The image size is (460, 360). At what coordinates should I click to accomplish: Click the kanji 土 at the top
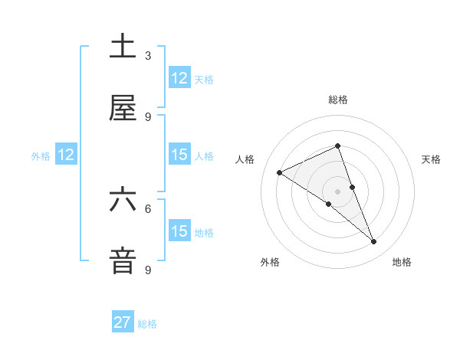(x=123, y=48)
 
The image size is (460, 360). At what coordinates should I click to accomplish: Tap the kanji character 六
(x=123, y=200)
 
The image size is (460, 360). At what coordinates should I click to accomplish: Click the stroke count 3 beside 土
(x=148, y=56)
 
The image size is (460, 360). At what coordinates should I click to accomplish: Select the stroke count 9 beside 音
(x=148, y=270)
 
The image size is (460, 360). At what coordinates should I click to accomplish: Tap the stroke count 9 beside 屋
(x=148, y=117)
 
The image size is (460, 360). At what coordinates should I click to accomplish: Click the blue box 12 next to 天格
(x=179, y=78)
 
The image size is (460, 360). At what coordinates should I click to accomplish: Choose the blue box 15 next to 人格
(x=179, y=155)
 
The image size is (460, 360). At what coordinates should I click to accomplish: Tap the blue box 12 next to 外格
(x=66, y=155)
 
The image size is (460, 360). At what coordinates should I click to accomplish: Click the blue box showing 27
(x=123, y=322)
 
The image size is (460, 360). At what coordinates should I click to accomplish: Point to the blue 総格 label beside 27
(x=147, y=324)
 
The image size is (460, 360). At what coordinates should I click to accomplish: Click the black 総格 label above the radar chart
(x=338, y=100)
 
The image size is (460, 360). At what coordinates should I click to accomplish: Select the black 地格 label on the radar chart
(x=402, y=262)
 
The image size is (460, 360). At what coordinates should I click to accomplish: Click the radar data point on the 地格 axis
(x=374, y=242)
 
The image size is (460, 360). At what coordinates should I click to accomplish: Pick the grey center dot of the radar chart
(x=338, y=191)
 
